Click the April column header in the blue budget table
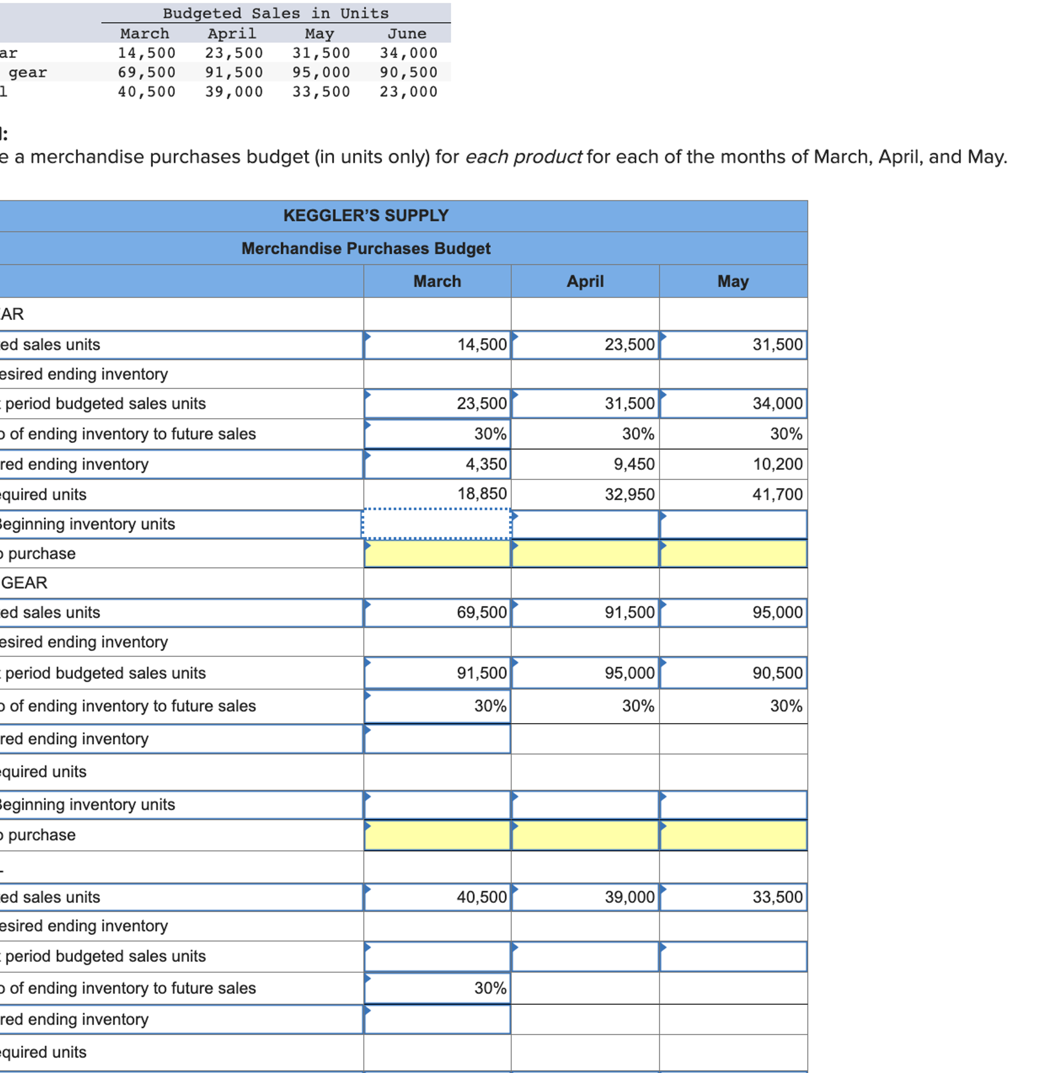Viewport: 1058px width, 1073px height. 585,281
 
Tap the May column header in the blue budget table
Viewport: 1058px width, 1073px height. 733,281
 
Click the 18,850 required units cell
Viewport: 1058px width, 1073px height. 482,494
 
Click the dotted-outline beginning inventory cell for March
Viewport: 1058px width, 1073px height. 437,524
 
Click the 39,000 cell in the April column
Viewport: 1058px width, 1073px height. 629,897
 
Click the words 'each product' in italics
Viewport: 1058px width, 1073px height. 523,157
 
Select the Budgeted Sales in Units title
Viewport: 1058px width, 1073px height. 276,13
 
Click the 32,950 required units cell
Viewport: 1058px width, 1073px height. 629,494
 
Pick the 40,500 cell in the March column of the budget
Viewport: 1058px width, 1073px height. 482,897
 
